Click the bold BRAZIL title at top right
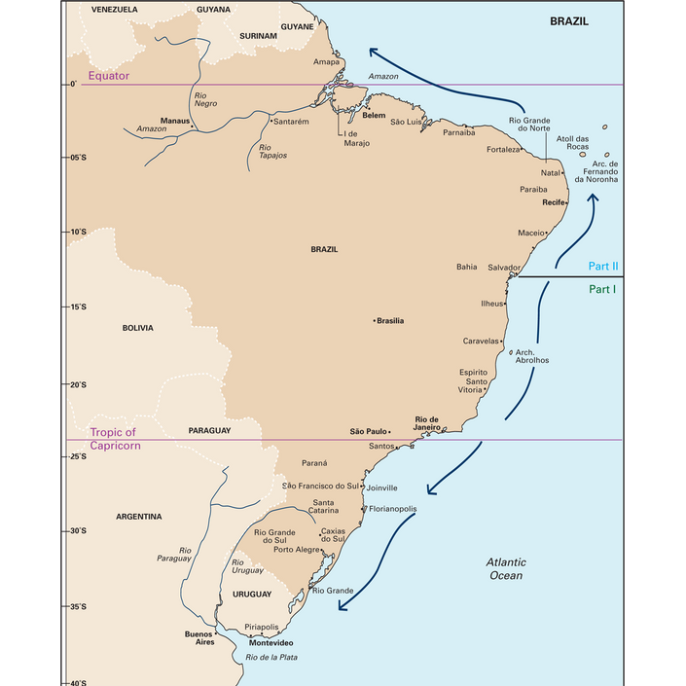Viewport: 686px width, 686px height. [x=569, y=20]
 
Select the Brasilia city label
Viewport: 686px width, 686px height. [x=391, y=320]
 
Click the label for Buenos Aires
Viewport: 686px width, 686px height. [x=199, y=638]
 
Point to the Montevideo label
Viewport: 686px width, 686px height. [x=271, y=643]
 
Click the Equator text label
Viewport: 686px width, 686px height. [x=108, y=76]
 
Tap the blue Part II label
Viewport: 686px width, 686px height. [x=603, y=266]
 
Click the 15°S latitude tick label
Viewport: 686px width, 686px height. [x=77, y=307]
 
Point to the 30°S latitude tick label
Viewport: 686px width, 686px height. [x=77, y=531]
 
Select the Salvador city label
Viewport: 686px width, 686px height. [x=504, y=267]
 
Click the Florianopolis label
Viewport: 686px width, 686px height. [x=392, y=509]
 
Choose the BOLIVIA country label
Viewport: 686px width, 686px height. [x=137, y=328]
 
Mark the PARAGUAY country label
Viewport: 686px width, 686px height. [x=209, y=429]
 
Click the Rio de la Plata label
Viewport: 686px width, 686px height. [x=271, y=658]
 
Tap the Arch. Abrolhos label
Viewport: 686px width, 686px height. [x=532, y=355]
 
